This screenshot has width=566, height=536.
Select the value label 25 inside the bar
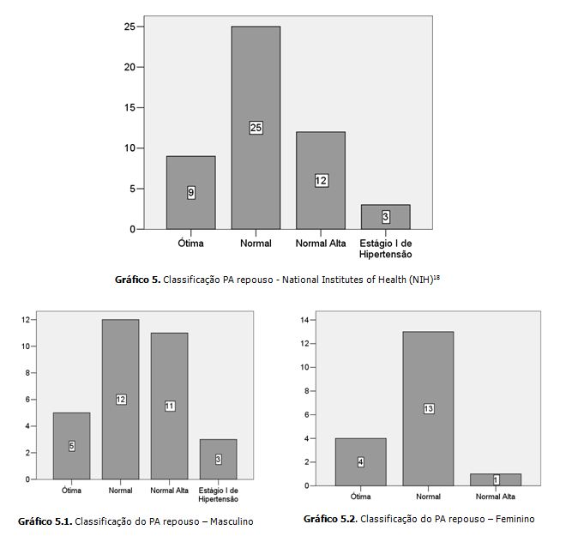[256, 128]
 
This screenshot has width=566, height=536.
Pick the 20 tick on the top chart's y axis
[129, 67]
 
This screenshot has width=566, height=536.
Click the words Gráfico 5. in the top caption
[136, 279]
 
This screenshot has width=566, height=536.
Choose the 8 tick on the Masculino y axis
[27, 373]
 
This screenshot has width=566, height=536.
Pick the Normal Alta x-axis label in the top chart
[321, 244]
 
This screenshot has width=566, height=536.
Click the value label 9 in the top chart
[190, 193]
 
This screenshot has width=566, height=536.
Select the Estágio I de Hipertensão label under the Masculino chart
[218, 495]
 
